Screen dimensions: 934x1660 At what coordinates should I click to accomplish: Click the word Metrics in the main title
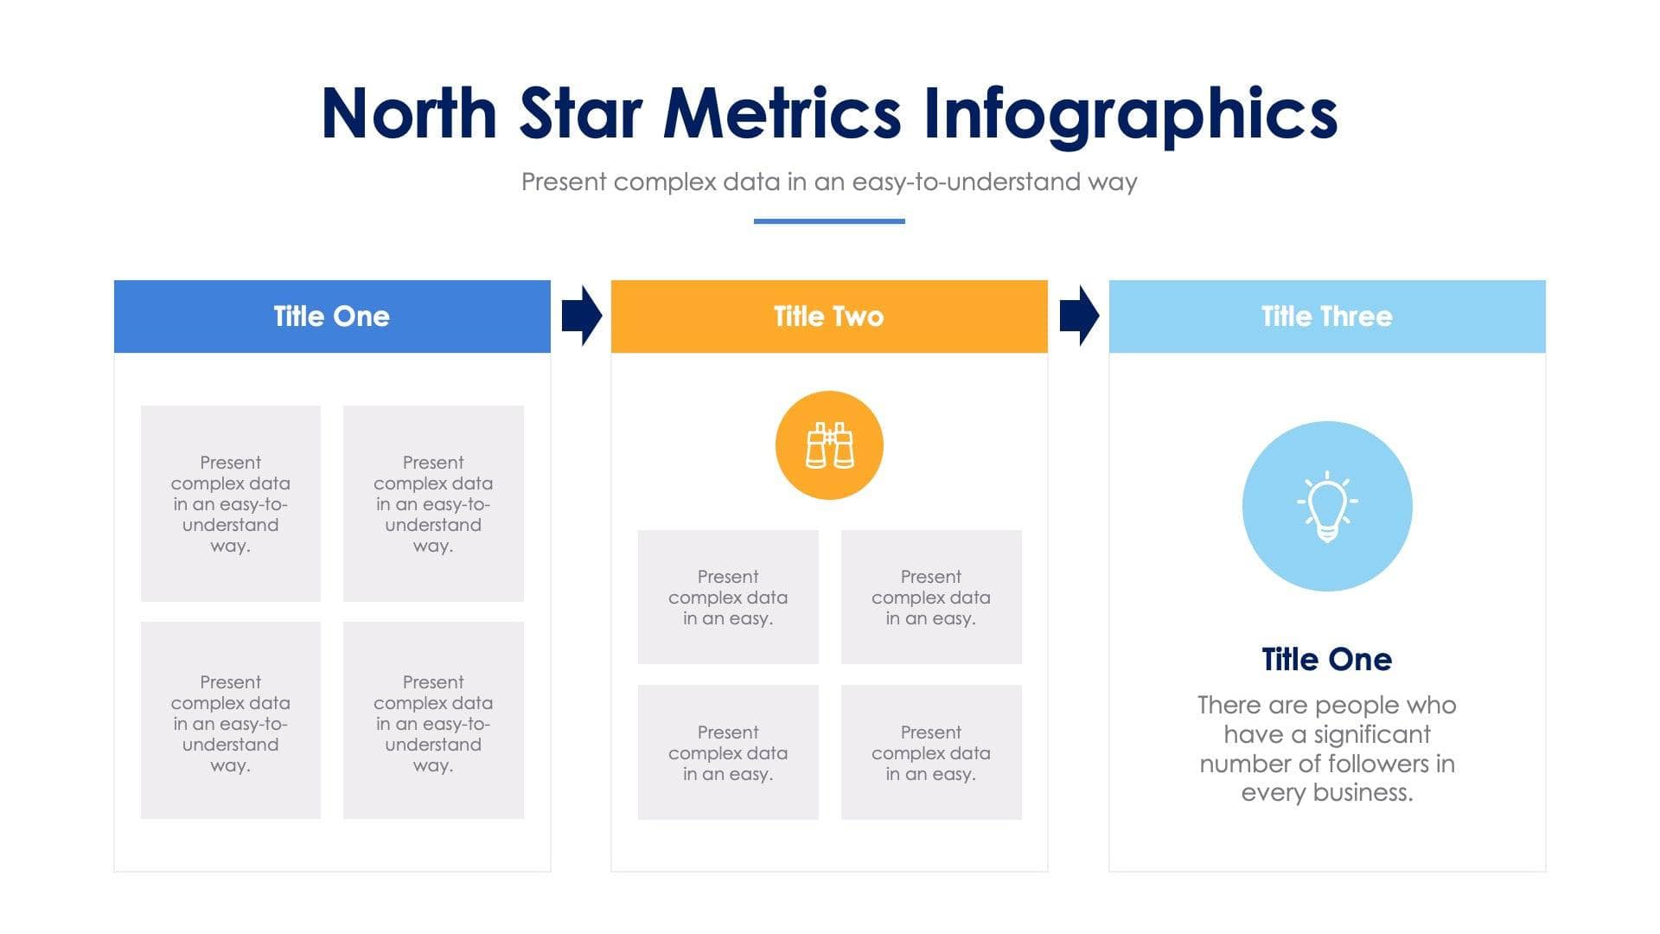(782, 114)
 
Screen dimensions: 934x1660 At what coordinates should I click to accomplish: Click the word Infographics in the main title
(1130, 114)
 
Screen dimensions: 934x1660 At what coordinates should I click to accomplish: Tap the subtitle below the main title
(828, 182)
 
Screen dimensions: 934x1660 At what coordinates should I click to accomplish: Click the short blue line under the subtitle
(828, 221)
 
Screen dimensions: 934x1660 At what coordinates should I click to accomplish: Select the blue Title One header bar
(332, 317)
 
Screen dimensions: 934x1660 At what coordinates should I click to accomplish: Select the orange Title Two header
(828, 317)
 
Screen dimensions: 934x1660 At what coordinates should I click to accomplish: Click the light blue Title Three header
(1326, 317)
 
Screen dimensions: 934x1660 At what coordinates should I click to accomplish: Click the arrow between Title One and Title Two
(581, 316)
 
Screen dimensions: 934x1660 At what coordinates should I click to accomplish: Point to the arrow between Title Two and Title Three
(1078, 316)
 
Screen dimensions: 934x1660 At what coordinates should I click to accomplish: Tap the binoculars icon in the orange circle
(828, 445)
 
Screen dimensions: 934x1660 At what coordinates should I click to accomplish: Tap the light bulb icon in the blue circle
(1326, 507)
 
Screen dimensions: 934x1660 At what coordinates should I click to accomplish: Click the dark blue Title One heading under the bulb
(1326, 660)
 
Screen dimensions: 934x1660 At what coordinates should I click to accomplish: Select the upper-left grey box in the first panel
(230, 503)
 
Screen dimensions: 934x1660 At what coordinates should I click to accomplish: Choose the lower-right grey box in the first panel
(433, 720)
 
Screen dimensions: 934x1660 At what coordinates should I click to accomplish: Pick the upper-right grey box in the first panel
(433, 503)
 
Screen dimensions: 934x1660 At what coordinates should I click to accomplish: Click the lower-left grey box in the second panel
(728, 752)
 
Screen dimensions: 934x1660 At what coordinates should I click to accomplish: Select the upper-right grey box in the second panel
(931, 597)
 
